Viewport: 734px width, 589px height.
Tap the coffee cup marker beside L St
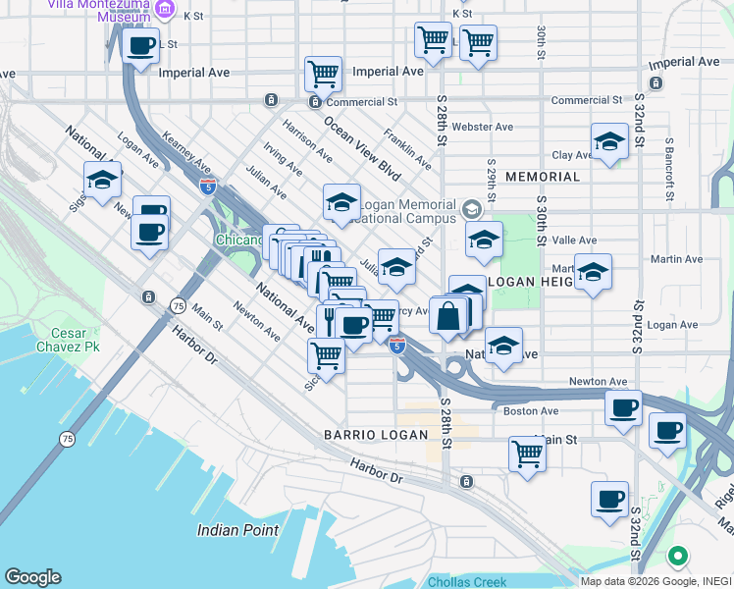click(141, 45)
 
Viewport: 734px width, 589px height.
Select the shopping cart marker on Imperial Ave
click(323, 74)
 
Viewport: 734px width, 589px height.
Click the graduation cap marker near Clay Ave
click(609, 141)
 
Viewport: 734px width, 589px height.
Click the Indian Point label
click(237, 530)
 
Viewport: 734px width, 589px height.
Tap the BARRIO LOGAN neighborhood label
click(377, 435)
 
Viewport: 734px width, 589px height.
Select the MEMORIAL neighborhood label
click(543, 177)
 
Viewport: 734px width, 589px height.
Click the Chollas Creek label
click(466, 582)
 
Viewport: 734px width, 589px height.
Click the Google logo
click(32, 577)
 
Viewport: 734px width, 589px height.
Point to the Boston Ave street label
click(531, 411)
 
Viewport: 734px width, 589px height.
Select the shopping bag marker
click(447, 317)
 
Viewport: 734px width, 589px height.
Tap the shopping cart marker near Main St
click(527, 455)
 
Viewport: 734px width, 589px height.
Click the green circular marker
click(676, 558)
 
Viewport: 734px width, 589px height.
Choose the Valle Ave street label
click(575, 241)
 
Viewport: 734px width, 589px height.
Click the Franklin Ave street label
click(407, 148)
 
